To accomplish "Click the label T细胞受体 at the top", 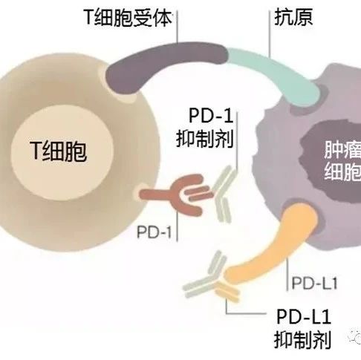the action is click(128, 18).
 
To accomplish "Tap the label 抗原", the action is click(293, 17).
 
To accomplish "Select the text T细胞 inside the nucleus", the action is click(59, 151).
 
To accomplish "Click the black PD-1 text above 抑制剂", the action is click(211, 115).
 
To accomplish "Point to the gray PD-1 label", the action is click(155, 232).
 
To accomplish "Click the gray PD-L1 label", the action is click(314, 283).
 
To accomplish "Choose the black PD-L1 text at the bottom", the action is click(303, 316).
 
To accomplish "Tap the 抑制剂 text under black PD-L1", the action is click(302, 340).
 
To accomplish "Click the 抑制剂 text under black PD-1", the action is click(205, 140).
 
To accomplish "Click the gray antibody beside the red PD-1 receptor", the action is click(221, 194).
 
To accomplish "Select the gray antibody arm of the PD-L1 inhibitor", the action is click(206, 276).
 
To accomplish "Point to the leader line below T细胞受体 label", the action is click(178, 27).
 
